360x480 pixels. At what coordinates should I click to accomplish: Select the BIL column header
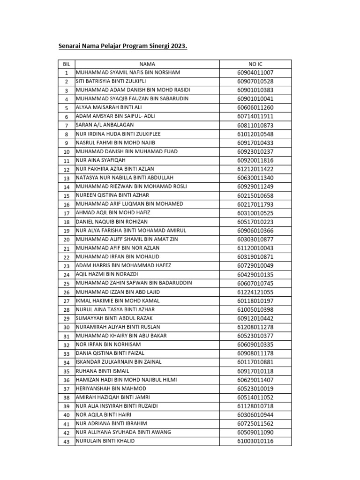pos(66,64)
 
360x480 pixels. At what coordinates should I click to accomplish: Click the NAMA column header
pos(147,64)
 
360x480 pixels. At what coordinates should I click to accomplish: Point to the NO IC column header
pos(255,64)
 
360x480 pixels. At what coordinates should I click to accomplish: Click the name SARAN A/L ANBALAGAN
pos(105,125)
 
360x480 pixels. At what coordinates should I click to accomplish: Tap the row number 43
pos(66,442)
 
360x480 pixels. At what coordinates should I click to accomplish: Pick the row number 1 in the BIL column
pos(66,73)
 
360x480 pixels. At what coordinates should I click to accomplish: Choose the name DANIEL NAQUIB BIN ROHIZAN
pos(112,222)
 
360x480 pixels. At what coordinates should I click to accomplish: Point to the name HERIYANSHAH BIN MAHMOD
pos(111,389)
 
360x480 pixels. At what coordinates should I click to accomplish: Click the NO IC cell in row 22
pos(255,257)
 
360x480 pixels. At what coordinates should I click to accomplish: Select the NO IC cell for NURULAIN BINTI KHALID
pos(255,442)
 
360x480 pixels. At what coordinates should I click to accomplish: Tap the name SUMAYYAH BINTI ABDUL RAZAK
pos(115,318)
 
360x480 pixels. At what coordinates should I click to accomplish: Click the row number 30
pos(66,327)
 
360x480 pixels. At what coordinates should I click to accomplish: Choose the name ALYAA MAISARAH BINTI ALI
pos(108,107)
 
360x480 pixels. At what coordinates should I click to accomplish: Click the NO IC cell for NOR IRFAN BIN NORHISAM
pos(255,345)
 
